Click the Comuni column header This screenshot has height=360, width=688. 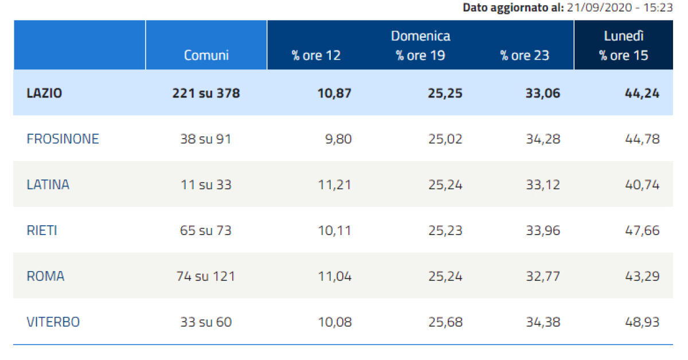click(206, 55)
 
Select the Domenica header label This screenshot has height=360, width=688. click(420, 36)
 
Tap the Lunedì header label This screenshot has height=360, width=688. click(624, 36)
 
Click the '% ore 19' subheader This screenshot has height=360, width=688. click(420, 55)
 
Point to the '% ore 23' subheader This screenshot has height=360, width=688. click(525, 55)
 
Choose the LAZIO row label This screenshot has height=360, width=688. click(44, 93)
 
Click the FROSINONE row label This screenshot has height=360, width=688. click(62, 139)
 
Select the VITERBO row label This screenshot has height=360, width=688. click(53, 322)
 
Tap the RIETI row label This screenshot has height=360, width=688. click(42, 230)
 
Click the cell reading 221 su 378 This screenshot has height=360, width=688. click(206, 93)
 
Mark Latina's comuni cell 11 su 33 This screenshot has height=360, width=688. click(206, 185)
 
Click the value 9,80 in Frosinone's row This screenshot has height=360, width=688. click(338, 139)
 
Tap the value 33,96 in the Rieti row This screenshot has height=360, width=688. click(542, 230)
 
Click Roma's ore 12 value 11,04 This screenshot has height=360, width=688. click(334, 276)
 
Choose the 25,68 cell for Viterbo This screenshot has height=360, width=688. click(445, 322)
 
